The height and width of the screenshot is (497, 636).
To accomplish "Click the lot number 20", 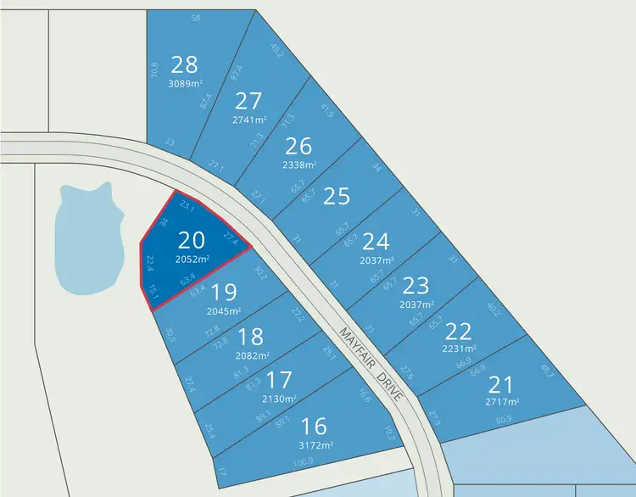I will point(192,240).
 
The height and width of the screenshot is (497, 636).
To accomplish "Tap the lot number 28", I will point(184,64).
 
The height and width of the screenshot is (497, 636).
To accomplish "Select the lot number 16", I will point(314,426).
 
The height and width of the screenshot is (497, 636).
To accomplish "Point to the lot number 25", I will point(337,196).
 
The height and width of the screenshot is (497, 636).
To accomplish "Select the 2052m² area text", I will point(192,259).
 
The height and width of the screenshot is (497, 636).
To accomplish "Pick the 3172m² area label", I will point(314,444).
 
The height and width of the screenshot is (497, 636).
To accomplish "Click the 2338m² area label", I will point(298,165).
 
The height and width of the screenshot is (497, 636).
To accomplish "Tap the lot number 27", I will point(248,102).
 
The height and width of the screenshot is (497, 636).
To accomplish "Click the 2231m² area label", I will point(459,348).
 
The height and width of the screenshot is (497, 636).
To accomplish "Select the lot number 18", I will point(252,338).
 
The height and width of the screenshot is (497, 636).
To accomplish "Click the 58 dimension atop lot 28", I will point(196,18).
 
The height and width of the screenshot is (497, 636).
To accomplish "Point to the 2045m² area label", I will point(224,310).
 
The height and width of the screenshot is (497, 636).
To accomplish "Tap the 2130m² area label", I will point(279,399).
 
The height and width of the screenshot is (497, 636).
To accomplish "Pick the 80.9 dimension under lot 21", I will point(504,418).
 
